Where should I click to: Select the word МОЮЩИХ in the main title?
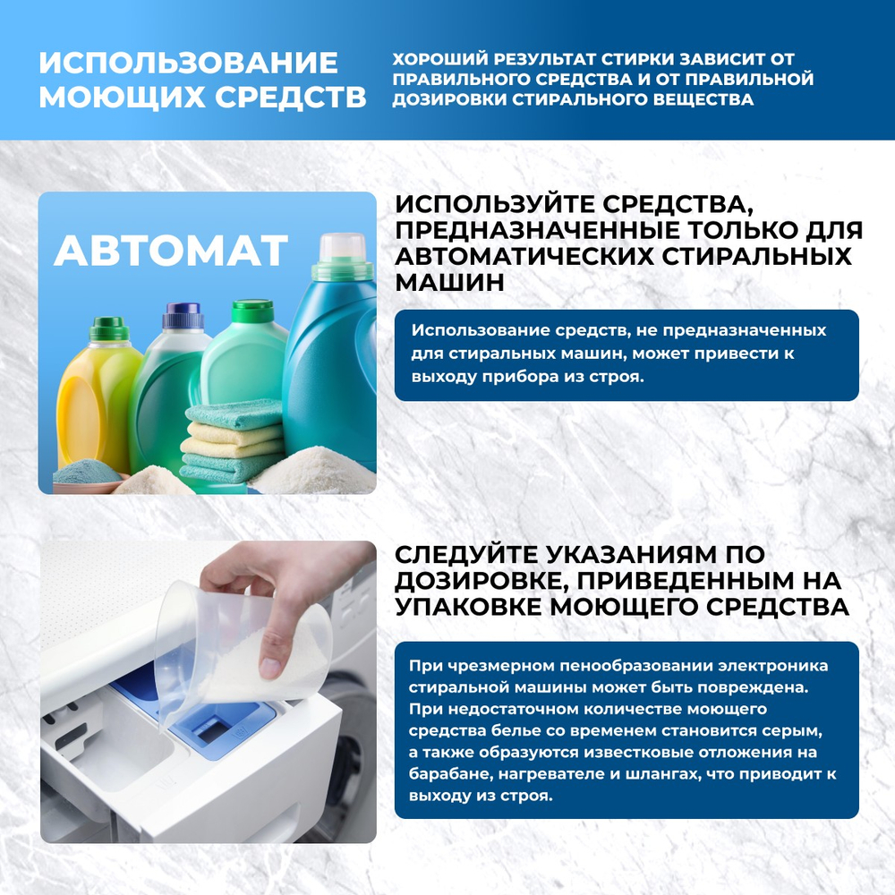113,98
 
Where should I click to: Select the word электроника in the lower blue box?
761,666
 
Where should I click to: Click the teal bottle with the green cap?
240,358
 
